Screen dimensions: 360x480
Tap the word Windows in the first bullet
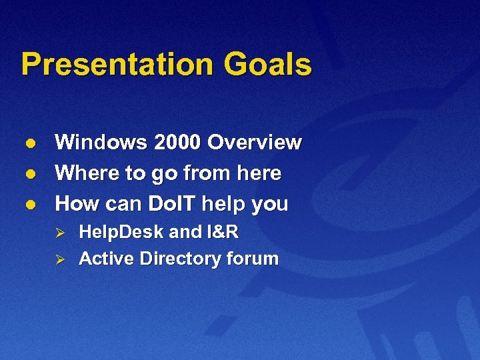click(101, 143)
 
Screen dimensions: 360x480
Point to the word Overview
click(254, 143)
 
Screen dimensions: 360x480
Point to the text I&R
click(222, 232)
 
